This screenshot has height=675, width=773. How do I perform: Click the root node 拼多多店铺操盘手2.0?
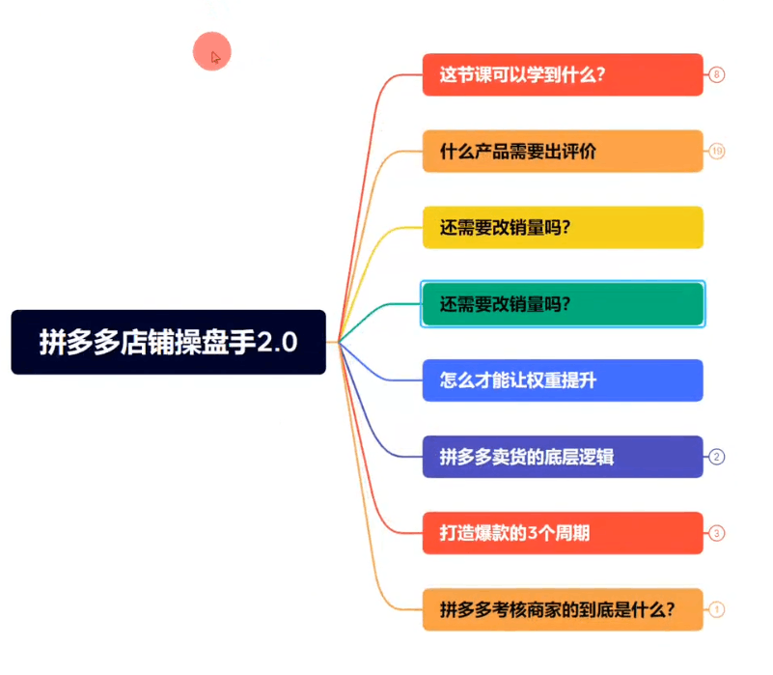coord(168,342)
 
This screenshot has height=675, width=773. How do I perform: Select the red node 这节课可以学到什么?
coord(563,74)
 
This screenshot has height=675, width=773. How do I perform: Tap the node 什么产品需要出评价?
coord(563,151)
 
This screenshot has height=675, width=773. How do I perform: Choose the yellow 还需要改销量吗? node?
coord(563,228)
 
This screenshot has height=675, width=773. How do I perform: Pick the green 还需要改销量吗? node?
coord(563,304)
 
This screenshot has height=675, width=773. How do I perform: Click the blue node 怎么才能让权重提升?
coord(563,380)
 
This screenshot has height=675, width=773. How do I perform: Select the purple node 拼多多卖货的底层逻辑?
coord(563,457)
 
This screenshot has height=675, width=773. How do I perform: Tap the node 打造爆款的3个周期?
coord(563,533)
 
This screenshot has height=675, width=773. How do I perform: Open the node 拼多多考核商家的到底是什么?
coord(563,610)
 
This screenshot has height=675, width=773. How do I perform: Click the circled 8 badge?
coord(716,74)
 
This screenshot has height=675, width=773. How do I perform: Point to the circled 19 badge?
coord(716,151)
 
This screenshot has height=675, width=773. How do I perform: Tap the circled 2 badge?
coord(716,457)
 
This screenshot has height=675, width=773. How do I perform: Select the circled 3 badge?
coord(716,533)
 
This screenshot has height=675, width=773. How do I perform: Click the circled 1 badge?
coord(716,610)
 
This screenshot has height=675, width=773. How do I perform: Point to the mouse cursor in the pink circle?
coord(215,57)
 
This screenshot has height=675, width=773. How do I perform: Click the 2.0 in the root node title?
coord(277,342)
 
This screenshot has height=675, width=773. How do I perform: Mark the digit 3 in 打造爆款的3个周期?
coord(532,533)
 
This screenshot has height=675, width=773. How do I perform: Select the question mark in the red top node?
coord(600,74)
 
